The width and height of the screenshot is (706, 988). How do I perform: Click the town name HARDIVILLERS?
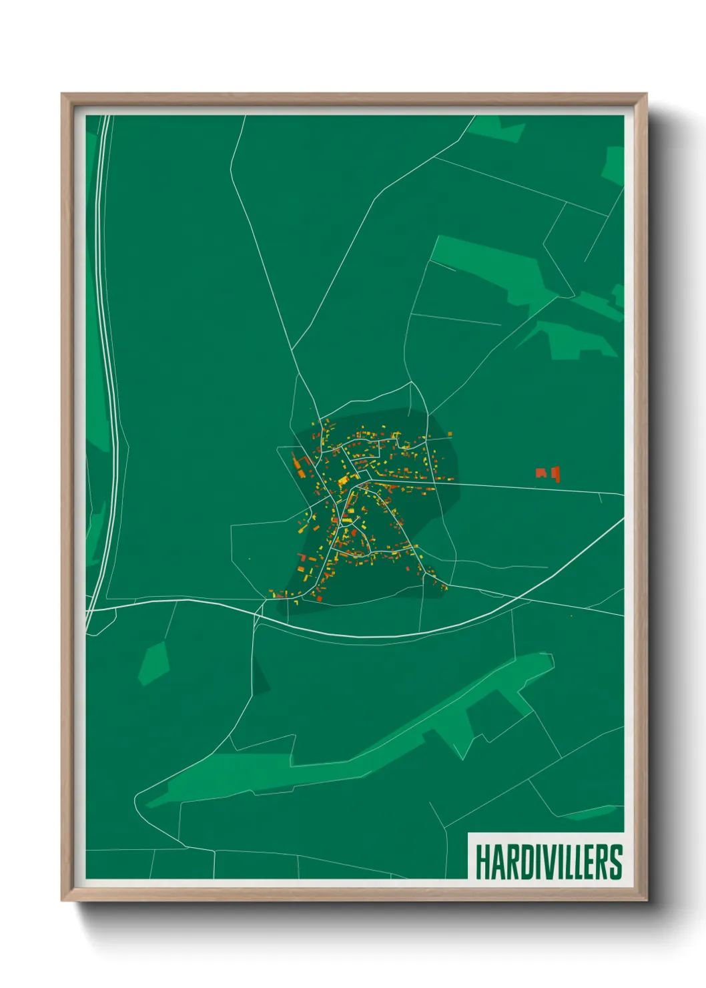[549, 862]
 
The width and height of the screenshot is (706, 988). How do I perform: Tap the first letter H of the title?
[483, 862]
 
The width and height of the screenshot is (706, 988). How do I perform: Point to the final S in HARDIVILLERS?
[616, 862]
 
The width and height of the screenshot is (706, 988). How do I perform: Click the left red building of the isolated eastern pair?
[541, 473]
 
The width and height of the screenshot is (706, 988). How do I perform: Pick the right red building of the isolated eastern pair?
[555, 475]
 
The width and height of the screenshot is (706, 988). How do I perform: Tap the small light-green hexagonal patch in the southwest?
[153, 663]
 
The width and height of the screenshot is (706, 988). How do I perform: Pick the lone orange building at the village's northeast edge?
[450, 435]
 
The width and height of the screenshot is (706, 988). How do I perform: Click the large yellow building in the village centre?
[343, 480]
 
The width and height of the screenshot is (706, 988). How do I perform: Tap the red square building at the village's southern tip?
[319, 598]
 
